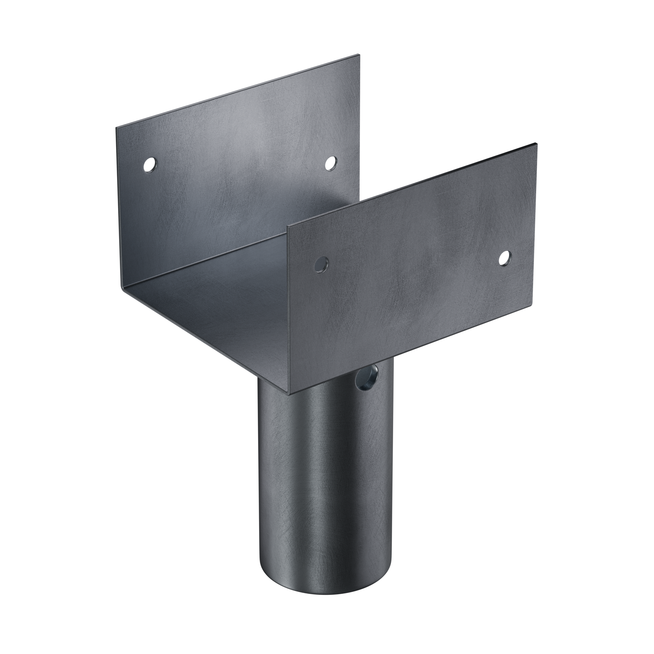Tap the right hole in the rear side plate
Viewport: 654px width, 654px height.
(x=330, y=163)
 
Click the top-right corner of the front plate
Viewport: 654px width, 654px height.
(x=537, y=144)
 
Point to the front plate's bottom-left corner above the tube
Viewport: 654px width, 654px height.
(x=290, y=395)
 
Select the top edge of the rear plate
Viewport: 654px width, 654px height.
(x=238, y=91)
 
